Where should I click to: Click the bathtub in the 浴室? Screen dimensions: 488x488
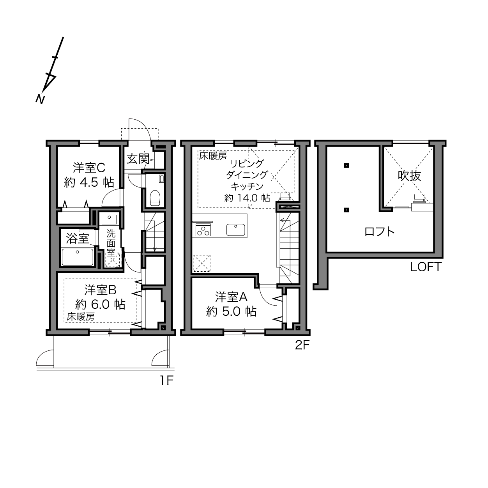point(78,257)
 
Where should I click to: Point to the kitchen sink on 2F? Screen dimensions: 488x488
point(235,230)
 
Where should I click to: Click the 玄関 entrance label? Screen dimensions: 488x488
point(138,159)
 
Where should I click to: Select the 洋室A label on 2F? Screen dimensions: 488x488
point(231,297)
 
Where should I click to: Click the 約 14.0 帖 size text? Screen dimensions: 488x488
point(247,198)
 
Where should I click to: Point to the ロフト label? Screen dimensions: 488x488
point(379,232)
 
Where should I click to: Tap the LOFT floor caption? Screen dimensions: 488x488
point(426,267)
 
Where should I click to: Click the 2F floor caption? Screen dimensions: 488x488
point(302,345)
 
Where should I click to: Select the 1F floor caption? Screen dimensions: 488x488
point(166,380)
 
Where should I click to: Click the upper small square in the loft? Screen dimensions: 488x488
point(347,166)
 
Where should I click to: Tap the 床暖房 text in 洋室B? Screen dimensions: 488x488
point(81,317)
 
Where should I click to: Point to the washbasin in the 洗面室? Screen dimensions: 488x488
point(109,219)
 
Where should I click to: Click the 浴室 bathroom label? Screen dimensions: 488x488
point(78,238)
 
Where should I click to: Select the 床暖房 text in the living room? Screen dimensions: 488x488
point(213,156)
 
